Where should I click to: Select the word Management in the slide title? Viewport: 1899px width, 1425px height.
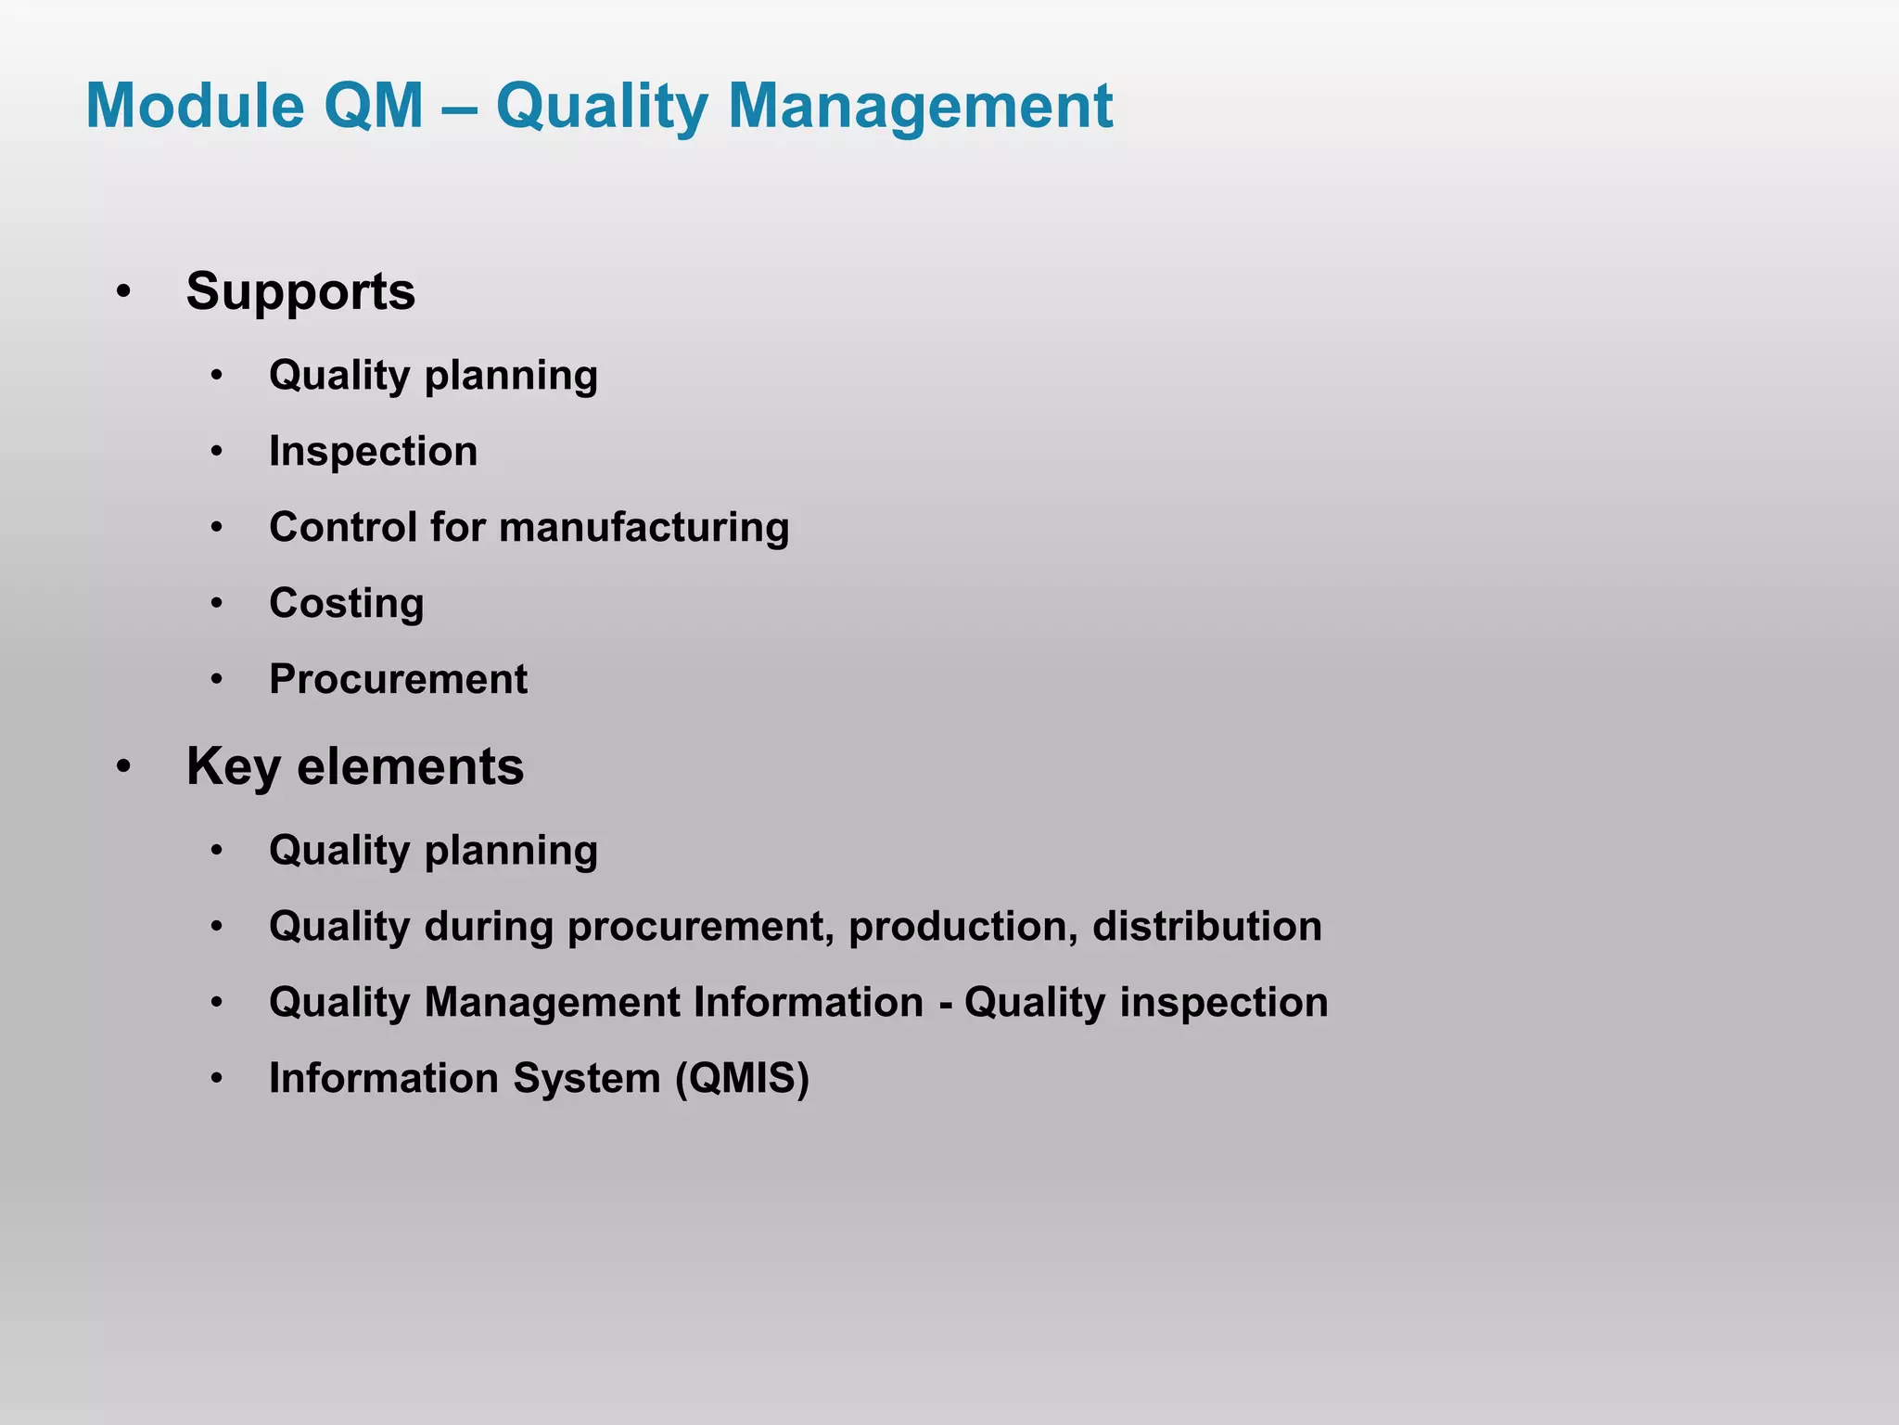tap(920, 108)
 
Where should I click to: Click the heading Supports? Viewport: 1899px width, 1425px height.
tap(300, 293)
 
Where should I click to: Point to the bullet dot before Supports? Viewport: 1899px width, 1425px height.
tap(123, 293)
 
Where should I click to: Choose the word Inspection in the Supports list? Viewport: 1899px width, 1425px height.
tap(373, 452)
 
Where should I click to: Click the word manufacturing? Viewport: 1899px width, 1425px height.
tap(644, 528)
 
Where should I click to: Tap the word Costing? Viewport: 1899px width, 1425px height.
tap(346, 604)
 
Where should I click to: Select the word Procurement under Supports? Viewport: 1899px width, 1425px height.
tap(398, 679)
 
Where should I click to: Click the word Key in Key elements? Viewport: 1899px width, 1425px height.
tap(234, 768)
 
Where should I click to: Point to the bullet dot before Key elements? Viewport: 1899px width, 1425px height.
tap(123, 768)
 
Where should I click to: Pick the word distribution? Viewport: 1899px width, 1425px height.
tap(1206, 927)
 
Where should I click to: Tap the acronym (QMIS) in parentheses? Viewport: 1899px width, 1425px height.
tap(742, 1079)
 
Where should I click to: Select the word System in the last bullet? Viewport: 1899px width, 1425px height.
tap(586, 1079)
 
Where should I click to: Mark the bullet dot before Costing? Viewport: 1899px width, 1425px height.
tap(217, 604)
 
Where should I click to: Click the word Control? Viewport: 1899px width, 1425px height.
tap(342, 528)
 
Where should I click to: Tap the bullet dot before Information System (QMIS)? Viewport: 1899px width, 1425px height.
tap(217, 1079)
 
